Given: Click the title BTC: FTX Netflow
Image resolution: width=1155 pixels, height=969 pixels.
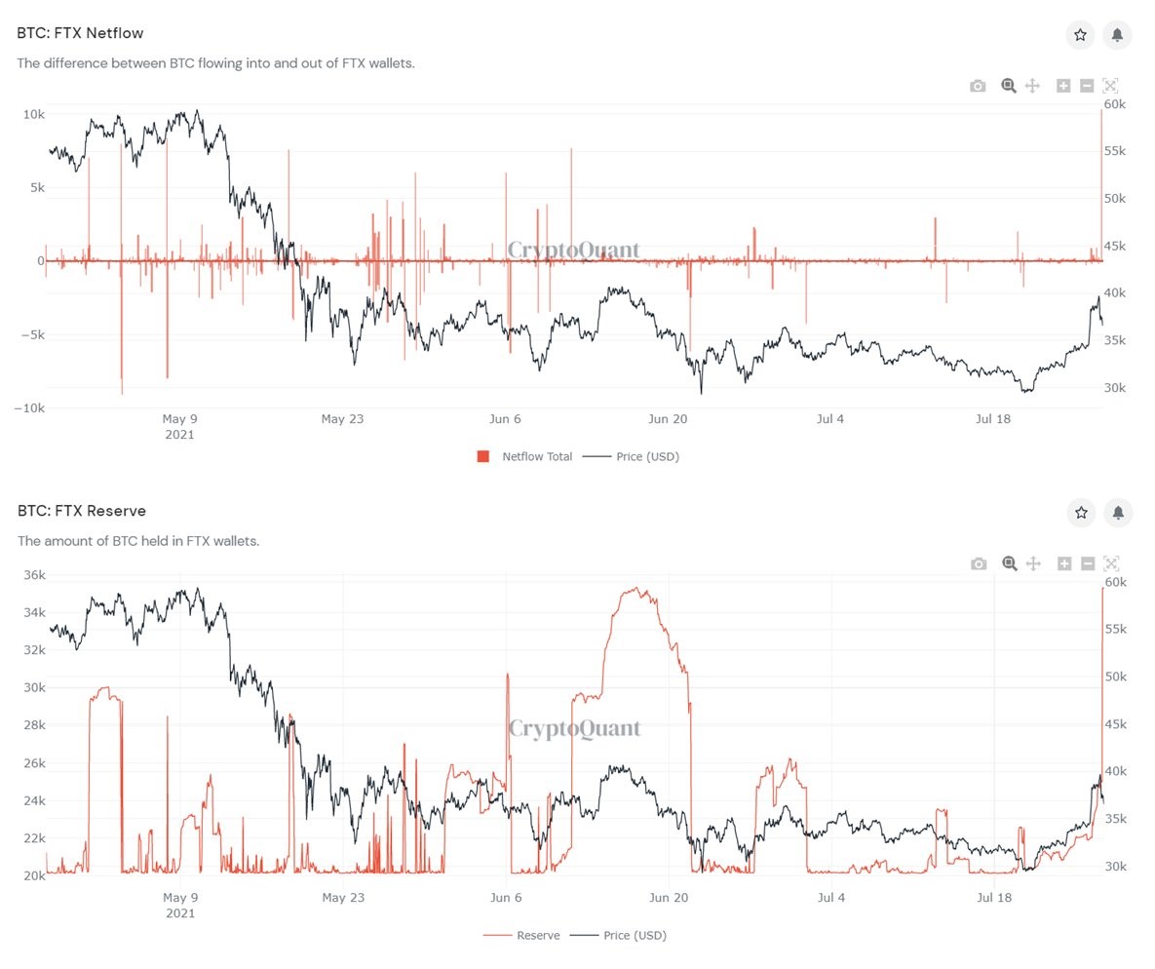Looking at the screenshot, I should [x=80, y=33].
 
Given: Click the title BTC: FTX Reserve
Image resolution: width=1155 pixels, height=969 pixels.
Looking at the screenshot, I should [x=81, y=511].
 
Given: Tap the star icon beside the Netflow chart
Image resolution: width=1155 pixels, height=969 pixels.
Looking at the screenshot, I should [x=1080, y=35].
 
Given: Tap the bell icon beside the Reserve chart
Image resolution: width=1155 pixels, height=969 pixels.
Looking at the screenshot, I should [x=1118, y=512].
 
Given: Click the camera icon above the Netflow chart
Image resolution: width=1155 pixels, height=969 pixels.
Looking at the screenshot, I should [x=978, y=86].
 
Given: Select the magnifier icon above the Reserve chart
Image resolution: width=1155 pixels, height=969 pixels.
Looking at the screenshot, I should [x=1010, y=563].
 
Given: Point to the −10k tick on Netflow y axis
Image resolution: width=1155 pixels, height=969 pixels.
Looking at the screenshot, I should [x=28, y=408].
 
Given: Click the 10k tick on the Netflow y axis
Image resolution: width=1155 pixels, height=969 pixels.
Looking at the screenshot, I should [x=33, y=114].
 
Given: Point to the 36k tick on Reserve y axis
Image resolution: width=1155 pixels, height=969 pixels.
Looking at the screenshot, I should [x=33, y=575].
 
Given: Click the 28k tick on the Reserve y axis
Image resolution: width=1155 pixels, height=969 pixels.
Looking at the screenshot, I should [x=33, y=725].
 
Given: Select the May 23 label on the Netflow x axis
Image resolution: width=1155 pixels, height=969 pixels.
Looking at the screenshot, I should [x=342, y=419].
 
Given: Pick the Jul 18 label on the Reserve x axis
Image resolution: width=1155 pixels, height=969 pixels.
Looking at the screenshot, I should [x=993, y=897].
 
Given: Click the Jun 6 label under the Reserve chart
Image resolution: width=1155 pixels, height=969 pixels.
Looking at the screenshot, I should [x=505, y=897].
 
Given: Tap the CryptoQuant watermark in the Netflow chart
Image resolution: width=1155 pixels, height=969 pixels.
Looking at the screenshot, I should [x=574, y=251].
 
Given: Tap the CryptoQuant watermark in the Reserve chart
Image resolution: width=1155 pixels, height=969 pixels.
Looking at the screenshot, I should [x=575, y=728].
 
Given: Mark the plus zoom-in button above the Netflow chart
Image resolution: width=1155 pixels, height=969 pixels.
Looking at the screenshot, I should [x=1063, y=86].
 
